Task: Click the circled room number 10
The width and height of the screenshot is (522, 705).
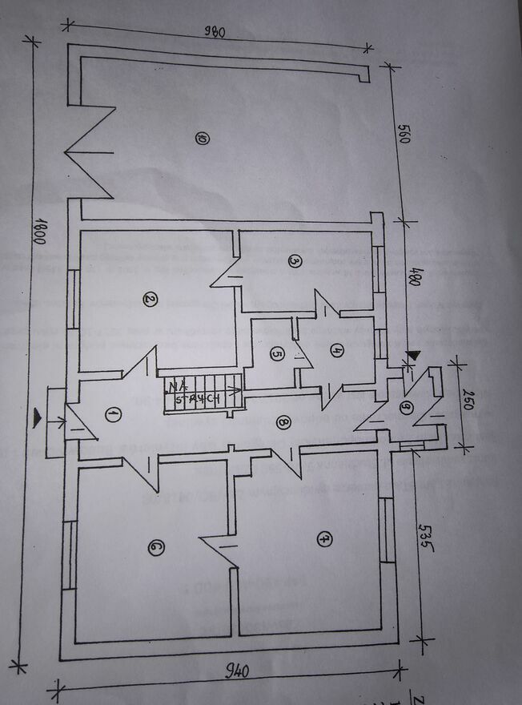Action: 201,139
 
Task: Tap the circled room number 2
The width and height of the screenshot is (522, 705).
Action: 149,300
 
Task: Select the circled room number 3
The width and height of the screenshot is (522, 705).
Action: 294,260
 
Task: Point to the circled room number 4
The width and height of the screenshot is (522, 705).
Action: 336,349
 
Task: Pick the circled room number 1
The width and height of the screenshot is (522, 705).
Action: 113,414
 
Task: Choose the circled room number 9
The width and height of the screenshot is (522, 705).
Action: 406,409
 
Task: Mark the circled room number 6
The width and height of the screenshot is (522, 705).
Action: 155,548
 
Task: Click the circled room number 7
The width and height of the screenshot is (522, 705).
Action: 323,539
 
